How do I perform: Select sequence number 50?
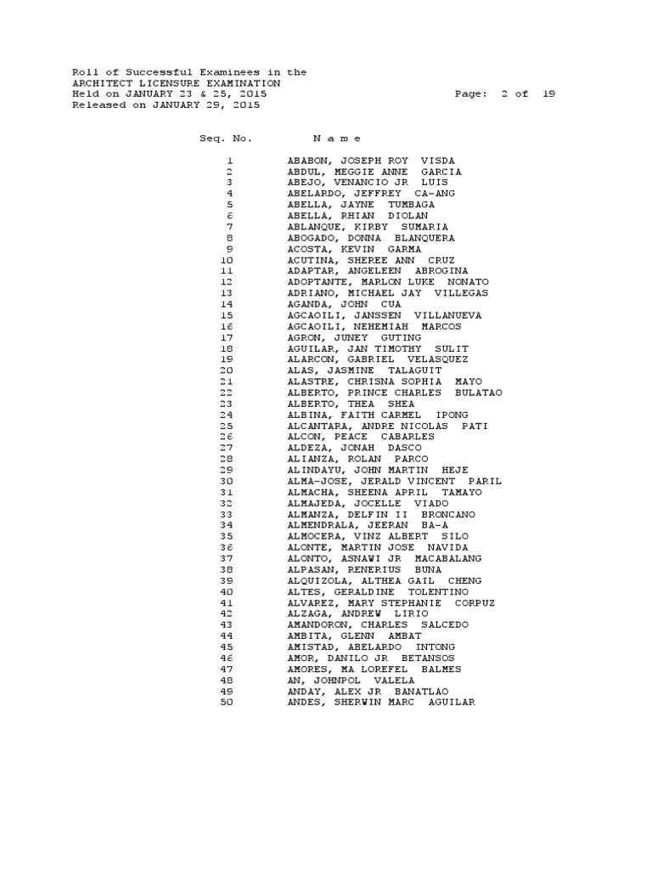226,703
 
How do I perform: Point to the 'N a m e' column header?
337,138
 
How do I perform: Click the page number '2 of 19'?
528,94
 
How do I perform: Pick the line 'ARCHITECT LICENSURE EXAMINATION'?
176,83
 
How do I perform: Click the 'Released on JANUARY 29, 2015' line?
166,105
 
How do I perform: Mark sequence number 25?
226,426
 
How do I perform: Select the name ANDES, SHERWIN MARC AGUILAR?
381,703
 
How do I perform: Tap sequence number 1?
229,161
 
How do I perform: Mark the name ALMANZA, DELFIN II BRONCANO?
381,515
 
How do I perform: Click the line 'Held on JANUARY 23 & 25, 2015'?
169,94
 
